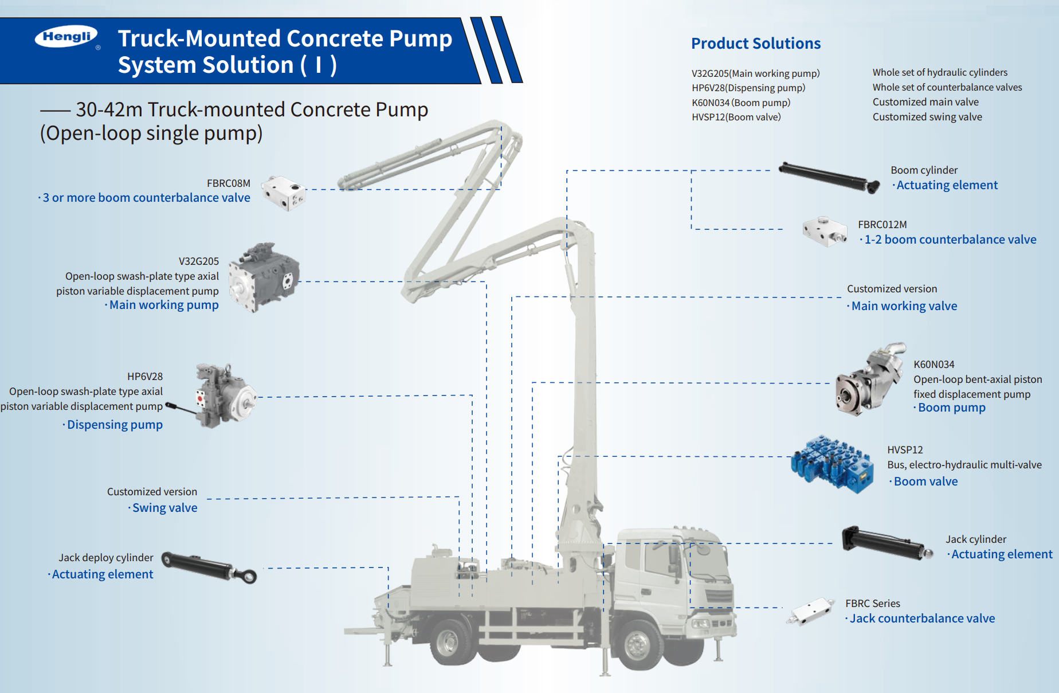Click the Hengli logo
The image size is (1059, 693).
coord(66,37)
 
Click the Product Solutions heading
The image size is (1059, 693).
coord(755,44)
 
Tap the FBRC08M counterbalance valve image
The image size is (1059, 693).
coord(284,193)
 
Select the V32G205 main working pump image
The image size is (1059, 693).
coord(263,277)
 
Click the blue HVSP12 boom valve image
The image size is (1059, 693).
coord(832,463)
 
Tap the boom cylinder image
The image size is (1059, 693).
coord(829,177)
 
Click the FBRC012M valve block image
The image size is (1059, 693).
coord(825,232)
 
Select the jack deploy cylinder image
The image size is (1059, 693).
coord(209,567)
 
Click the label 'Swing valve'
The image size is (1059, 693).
coord(165,508)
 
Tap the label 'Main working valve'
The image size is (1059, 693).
coord(904,306)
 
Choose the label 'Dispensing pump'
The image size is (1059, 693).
coord(115,425)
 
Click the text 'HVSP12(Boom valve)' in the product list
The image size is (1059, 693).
coord(736,117)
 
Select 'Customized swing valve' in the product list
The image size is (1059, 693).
coord(927,117)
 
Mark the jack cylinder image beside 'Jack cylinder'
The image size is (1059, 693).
coord(886,542)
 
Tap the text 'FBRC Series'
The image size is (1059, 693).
coord(872,604)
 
